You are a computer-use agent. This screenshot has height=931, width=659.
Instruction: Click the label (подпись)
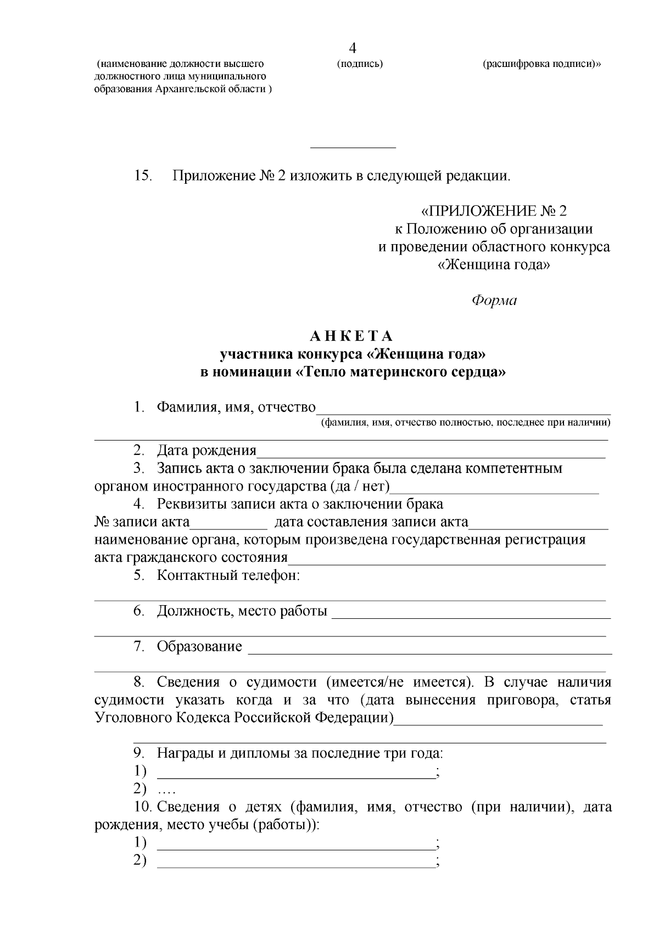tap(360, 64)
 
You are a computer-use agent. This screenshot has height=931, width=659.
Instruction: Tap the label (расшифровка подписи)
tap(541, 64)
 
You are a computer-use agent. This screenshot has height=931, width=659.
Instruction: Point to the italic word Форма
tap(494, 301)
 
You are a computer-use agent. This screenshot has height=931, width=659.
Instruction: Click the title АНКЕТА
tap(352, 336)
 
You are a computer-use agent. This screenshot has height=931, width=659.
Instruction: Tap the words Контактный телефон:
tap(228, 575)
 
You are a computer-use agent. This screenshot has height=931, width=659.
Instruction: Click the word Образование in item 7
tap(199, 646)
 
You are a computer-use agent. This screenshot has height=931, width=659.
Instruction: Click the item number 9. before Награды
tap(139, 753)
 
